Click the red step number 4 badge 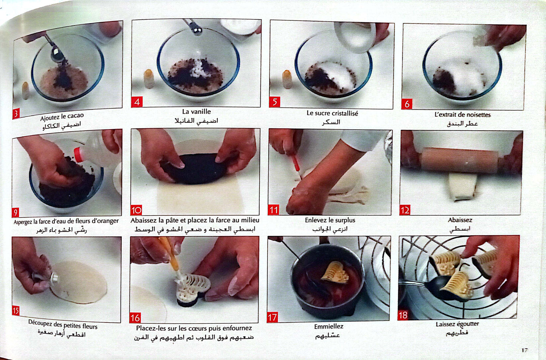pyautogui.click(x=137, y=102)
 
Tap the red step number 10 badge pyautogui.click(x=136, y=210)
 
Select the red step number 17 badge pyautogui.click(x=272, y=317)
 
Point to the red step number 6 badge pyautogui.click(x=407, y=104)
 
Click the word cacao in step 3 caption pyautogui.click(x=76, y=116)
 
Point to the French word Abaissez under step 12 pyautogui.click(x=460, y=220)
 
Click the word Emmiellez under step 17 pyautogui.click(x=329, y=326)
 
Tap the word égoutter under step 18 pyautogui.click(x=468, y=324)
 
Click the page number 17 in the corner pyautogui.click(x=524, y=350)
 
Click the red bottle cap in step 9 pyautogui.click(x=78, y=155)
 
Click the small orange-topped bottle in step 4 pyautogui.click(x=149, y=79)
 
